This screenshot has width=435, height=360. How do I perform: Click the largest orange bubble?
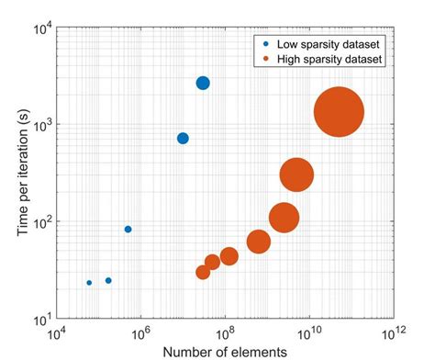pyautogui.click(x=339, y=112)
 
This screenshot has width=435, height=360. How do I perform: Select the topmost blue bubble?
pyautogui.click(x=203, y=84)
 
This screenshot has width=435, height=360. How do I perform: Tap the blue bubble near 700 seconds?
pyautogui.click(x=183, y=139)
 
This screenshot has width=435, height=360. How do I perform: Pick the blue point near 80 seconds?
pyautogui.click(x=128, y=229)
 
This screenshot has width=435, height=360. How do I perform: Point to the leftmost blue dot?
pyautogui.click(x=89, y=283)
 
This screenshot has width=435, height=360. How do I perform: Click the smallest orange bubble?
pyautogui.click(x=203, y=272)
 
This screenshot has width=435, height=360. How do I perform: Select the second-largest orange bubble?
pyautogui.click(x=296, y=174)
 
